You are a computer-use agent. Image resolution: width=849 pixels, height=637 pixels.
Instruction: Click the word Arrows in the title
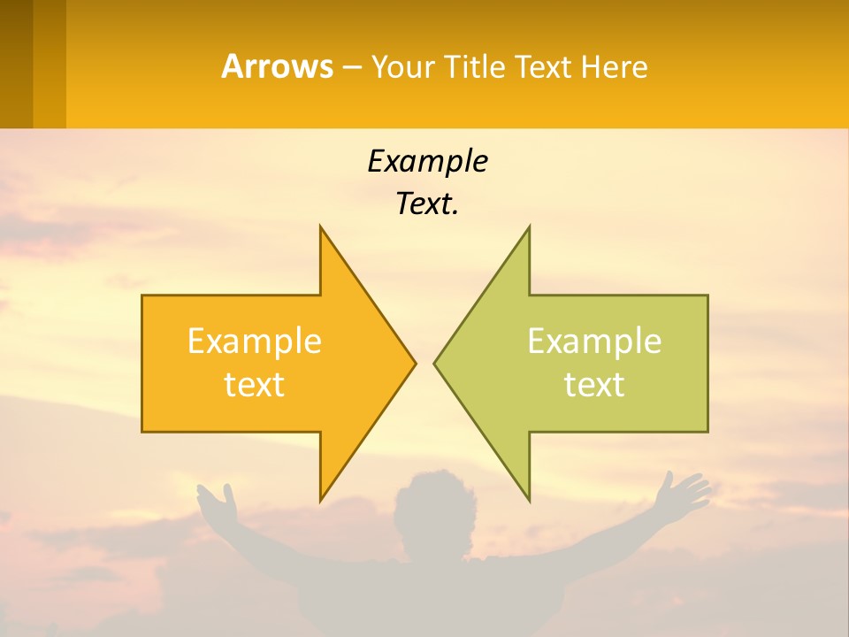(277, 66)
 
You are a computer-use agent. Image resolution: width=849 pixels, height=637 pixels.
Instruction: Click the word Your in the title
(403, 66)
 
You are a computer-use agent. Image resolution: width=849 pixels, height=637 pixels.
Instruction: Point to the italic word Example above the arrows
(427, 162)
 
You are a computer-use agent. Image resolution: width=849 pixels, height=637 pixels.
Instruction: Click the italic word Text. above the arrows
(427, 204)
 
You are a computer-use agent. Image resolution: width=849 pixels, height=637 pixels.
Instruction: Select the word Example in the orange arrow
(255, 342)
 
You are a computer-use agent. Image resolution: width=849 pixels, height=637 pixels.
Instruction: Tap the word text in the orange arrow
(255, 385)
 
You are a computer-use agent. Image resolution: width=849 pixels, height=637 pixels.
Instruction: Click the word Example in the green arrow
(594, 342)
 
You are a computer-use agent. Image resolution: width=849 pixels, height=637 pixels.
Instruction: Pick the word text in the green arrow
(594, 385)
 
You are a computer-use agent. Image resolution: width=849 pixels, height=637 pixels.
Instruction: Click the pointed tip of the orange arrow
(414, 363)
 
